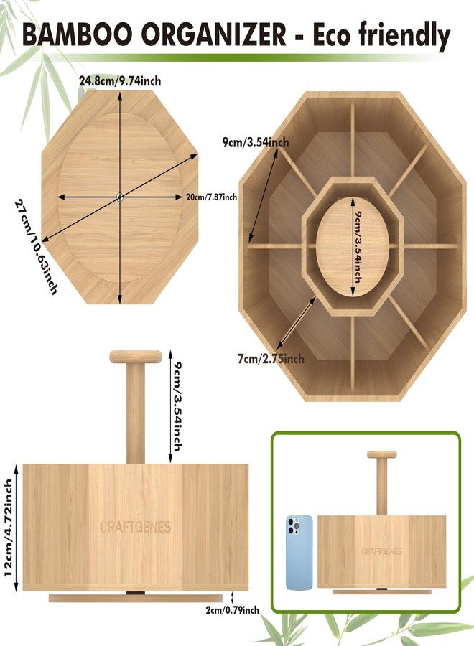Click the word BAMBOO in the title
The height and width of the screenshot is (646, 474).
click(78, 34)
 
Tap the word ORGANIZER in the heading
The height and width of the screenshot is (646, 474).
click(213, 34)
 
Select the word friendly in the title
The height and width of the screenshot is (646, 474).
click(404, 37)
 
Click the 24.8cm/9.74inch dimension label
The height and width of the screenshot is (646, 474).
click(121, 81)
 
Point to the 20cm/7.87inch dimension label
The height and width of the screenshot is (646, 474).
click(211, 197)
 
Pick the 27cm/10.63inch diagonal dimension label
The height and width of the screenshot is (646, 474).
click(37, 247)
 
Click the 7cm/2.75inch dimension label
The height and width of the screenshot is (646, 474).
click(271, 359)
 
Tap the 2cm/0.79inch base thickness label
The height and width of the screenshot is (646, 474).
click(233, 610)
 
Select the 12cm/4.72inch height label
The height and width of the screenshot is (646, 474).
click(8, 528)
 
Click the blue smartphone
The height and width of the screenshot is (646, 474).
click(299, 553)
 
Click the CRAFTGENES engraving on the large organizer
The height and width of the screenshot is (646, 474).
click(136, 527)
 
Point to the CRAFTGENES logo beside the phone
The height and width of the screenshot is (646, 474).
click(381, 551)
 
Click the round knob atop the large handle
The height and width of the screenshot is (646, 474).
click(136, 357)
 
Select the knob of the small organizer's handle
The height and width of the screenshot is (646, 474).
click(382, 455)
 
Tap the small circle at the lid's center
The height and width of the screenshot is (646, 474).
click(120, 197)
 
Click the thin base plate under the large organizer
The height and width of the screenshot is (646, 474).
click(136, 598)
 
